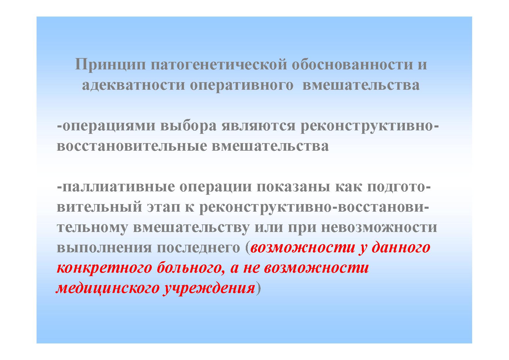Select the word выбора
(x=188, y=126)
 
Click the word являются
(x=258, y=127)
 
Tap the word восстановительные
(x=132, y=146)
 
